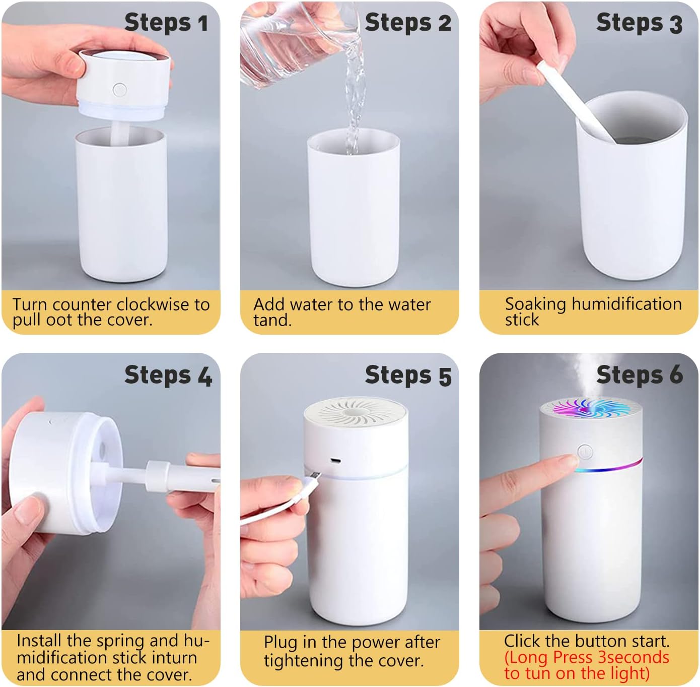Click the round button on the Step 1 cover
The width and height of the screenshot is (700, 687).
119,90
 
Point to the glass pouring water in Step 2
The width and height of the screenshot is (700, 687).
292,45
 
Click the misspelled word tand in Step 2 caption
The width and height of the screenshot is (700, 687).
272,321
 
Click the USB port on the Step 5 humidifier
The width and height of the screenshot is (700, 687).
335,461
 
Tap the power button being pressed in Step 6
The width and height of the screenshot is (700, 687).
584,451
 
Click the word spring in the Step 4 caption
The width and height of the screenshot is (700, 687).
120,641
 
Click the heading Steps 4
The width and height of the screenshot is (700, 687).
168,376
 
